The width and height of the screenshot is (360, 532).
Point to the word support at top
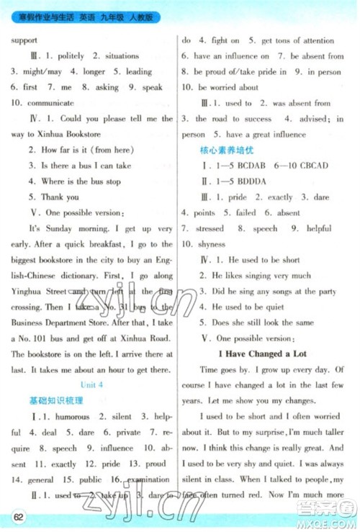pyautogui.click(x=24, y=40)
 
